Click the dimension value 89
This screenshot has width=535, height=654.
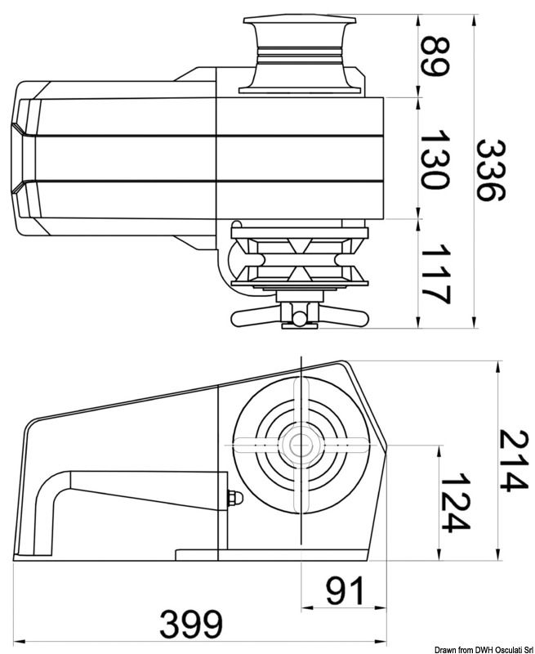(x=435, y=56)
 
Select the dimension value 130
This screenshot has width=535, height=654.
(x=435, y=159)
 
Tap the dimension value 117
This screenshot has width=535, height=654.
(x=435, y=274)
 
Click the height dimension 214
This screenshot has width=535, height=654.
(x=514, y=461)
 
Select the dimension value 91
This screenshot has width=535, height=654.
(x=346, y=590)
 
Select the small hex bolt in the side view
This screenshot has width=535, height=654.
(x=232, y=499)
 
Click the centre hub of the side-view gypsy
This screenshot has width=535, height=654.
(x=300, y=445)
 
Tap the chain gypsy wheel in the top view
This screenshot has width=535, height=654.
(x=300, y=260)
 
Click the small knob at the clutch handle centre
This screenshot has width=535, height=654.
(x=300, y=316)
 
